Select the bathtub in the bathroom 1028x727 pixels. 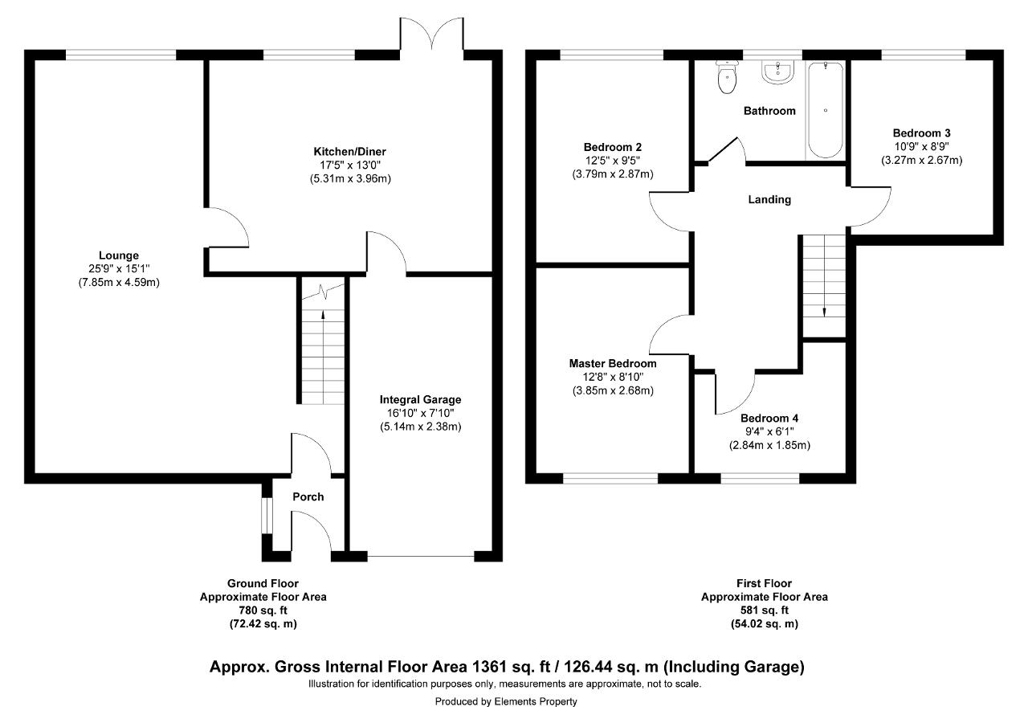click(x=825, y=110)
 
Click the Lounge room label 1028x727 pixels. click(x=119, y=255)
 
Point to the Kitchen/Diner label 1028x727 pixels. click(x=349, y=152)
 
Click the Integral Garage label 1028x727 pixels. click(x=420, y=399)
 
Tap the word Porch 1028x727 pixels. click(x=308, y=496)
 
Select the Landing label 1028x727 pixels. click(x=769, y=199)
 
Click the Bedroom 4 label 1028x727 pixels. click(x=769, y=418)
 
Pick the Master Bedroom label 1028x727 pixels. click(x=613, y=363)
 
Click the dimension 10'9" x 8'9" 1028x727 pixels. click(x=921, y=146)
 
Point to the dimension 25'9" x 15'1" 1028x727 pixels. click(x=119, y=268)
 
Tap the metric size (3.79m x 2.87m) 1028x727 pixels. click(x=613, y=174)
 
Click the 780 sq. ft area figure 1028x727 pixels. click(x=263, y=611)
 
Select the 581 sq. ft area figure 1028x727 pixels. click(x=764, y=611)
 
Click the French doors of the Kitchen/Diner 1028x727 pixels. click(x=431, y=34)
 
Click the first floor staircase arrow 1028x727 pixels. click(x=824, y=276)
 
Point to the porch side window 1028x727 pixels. click(x=267, y=516)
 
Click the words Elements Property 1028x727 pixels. click(x=536, y=701)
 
